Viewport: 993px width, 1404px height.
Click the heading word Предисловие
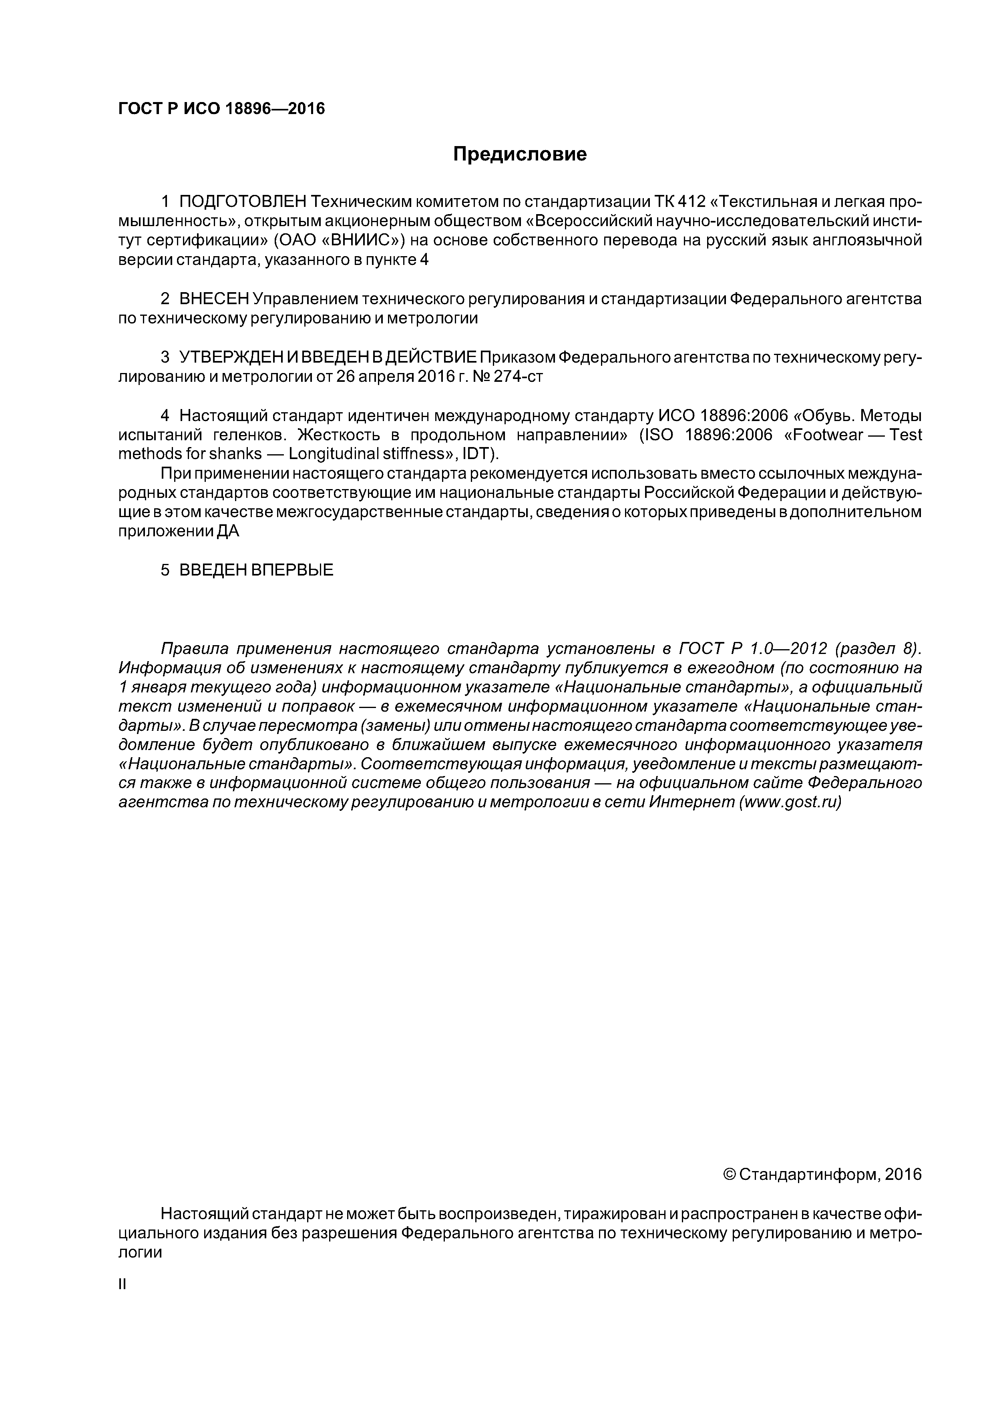519,154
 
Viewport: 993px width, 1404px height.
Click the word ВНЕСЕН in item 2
214,299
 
